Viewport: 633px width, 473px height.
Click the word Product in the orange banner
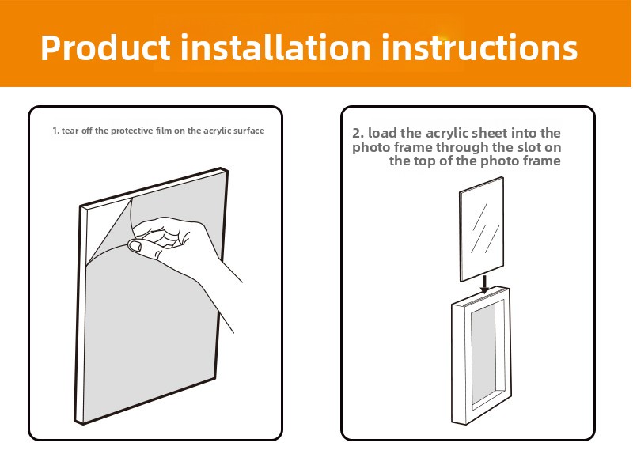(x=105, y=47)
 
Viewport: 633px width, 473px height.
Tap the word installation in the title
(x=275, y=47)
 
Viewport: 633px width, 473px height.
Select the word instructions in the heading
(x=479, y=47)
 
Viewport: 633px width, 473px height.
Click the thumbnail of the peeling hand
(x=135, y=245)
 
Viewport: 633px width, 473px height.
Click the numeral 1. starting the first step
(x=55, y=131)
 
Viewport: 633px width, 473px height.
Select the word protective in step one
(x=132, y=131)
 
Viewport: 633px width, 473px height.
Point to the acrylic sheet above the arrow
(x=482, y=229)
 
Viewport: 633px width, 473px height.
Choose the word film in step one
(x=164, y=131)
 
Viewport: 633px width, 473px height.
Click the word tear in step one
(x=70, y=131)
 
